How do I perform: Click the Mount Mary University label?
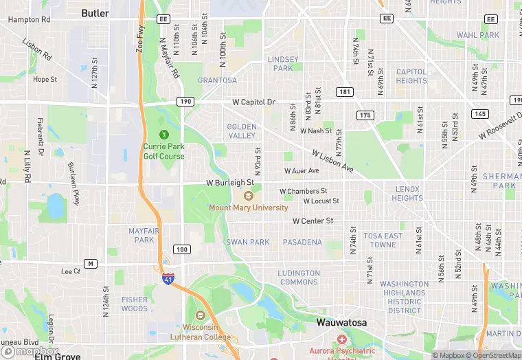[249, 207]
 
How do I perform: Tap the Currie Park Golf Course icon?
[163, 134]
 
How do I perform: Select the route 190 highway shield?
[185, 102]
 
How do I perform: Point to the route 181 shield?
[345, 91]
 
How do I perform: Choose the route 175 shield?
[365, 115]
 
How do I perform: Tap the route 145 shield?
[479, 113]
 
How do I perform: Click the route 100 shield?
[181, 249]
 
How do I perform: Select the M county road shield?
[91, 264]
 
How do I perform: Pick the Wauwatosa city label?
[341, 322]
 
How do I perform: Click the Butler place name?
[95, 13]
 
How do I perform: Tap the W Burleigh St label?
[230, 183]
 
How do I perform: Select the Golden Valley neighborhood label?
[242, 131]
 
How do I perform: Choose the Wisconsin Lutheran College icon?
[200, 315]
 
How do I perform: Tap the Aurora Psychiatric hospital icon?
[342, 339]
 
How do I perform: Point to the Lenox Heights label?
[408, 193]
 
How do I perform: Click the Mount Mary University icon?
[249, 196]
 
